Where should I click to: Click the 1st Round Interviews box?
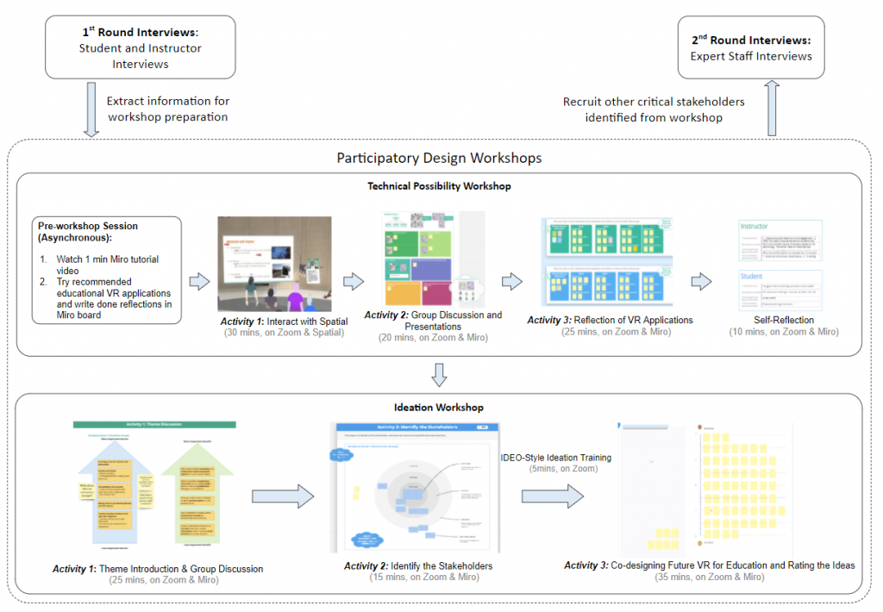coord(141,48)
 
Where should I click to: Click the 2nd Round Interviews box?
coord(751,48)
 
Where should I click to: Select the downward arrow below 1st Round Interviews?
coord(91,109)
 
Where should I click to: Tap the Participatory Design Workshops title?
coord(440,159)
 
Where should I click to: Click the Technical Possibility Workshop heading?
coord(440,185)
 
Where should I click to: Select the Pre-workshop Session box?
coord(107,270)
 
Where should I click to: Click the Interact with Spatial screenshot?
coord(274,264)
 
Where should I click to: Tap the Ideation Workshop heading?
coord(440,407)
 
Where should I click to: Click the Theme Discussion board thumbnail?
coord(154,486)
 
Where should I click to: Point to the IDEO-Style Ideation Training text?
coord(556,457)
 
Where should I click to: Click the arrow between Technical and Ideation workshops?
coord(440,374)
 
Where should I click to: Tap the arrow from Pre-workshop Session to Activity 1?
coord(199,281)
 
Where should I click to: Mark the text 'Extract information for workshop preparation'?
coord(167,109)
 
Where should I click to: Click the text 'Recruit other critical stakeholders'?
coord(653,102)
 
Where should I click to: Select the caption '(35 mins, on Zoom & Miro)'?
coord(709,577)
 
